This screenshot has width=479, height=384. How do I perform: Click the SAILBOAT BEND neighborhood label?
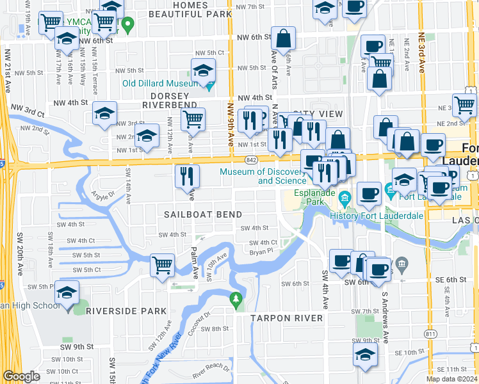coord(202,214)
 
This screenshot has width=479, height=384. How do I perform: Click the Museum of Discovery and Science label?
coord(263,176)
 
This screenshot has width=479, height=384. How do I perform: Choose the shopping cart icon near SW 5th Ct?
coord(163,264)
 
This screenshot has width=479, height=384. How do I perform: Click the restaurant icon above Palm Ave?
coord(187,175)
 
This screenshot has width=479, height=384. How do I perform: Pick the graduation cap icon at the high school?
coord(66,293)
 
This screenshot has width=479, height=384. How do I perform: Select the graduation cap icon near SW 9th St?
coord(365,355)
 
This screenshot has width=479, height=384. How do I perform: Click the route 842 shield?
coord(251,159)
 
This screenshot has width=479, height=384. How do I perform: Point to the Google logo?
coord(22,376)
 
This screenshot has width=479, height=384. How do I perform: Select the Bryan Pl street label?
coord(261,251)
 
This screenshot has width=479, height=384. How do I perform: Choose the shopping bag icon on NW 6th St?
coord(282,39)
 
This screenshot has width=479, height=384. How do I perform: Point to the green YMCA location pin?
coord(128,26)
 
